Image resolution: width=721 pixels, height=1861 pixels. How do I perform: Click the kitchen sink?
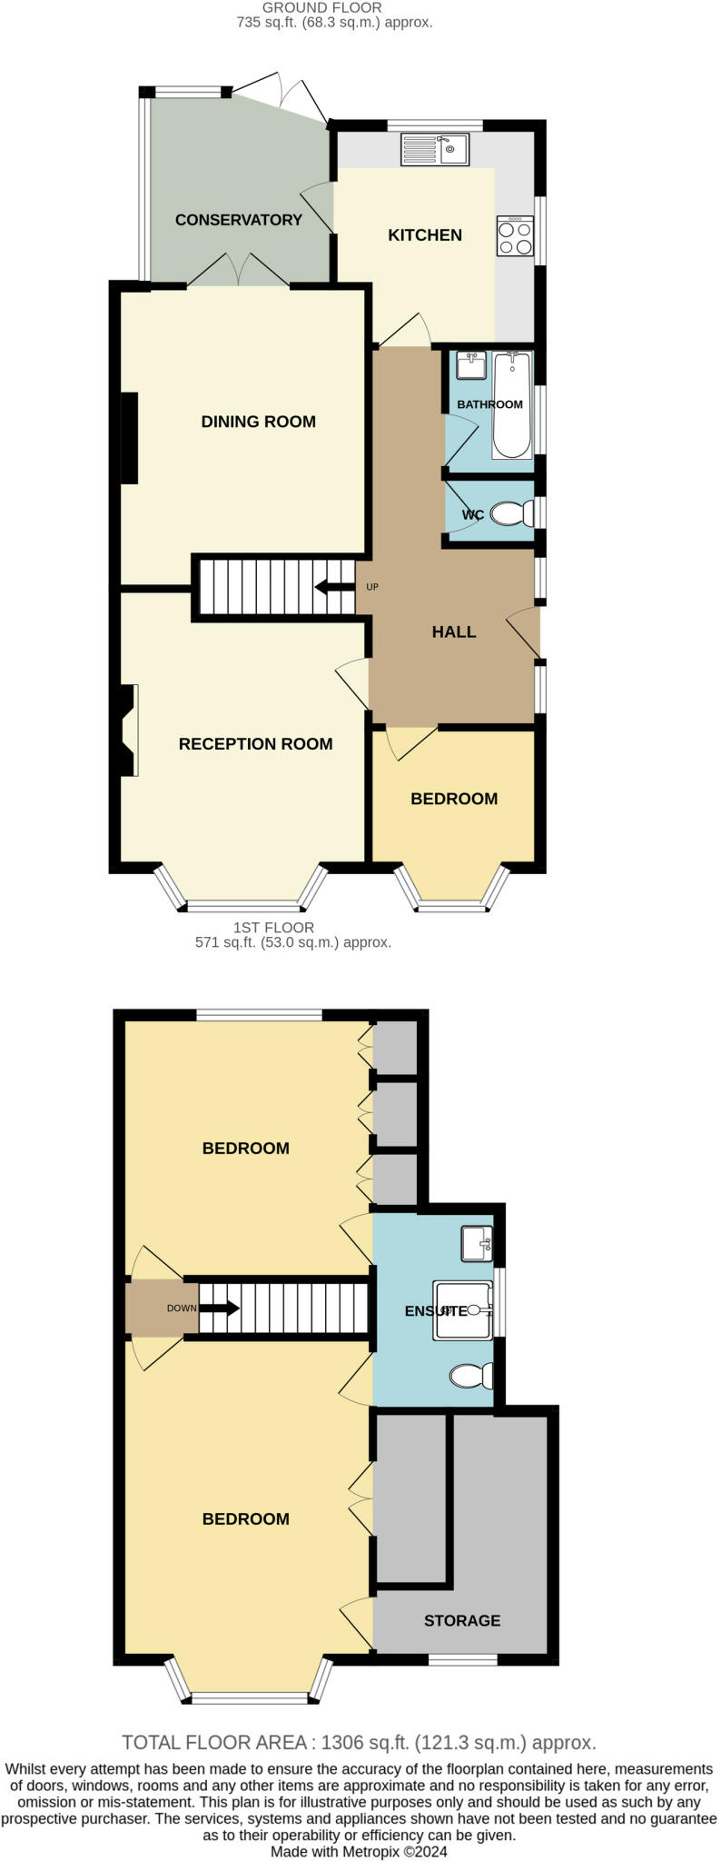(434, 149)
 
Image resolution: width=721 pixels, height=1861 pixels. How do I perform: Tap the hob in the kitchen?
(515, 236)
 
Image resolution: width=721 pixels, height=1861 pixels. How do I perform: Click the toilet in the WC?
(512, 514)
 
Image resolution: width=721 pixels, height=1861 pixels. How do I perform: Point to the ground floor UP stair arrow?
(334, 587)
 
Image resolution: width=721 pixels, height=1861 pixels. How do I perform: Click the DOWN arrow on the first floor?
(219, 1309)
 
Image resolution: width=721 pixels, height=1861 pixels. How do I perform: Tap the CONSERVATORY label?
(239, 220)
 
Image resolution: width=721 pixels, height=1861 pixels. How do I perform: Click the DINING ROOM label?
(259, 422)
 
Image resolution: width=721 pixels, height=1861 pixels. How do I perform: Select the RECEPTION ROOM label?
(256, 744)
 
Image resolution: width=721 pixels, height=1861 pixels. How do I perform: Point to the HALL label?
(454, 632)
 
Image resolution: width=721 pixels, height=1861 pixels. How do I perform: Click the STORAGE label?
(462, 1620)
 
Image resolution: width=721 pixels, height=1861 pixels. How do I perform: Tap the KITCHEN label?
(425, 235)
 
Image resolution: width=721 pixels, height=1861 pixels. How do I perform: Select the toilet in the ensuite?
(471, 1376)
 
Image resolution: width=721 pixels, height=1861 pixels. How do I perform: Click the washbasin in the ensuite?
(477, 1243)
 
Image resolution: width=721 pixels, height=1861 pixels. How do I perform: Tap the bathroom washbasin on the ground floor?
(471, 366)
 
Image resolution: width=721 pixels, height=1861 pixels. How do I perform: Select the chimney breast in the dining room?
(129, 438)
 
